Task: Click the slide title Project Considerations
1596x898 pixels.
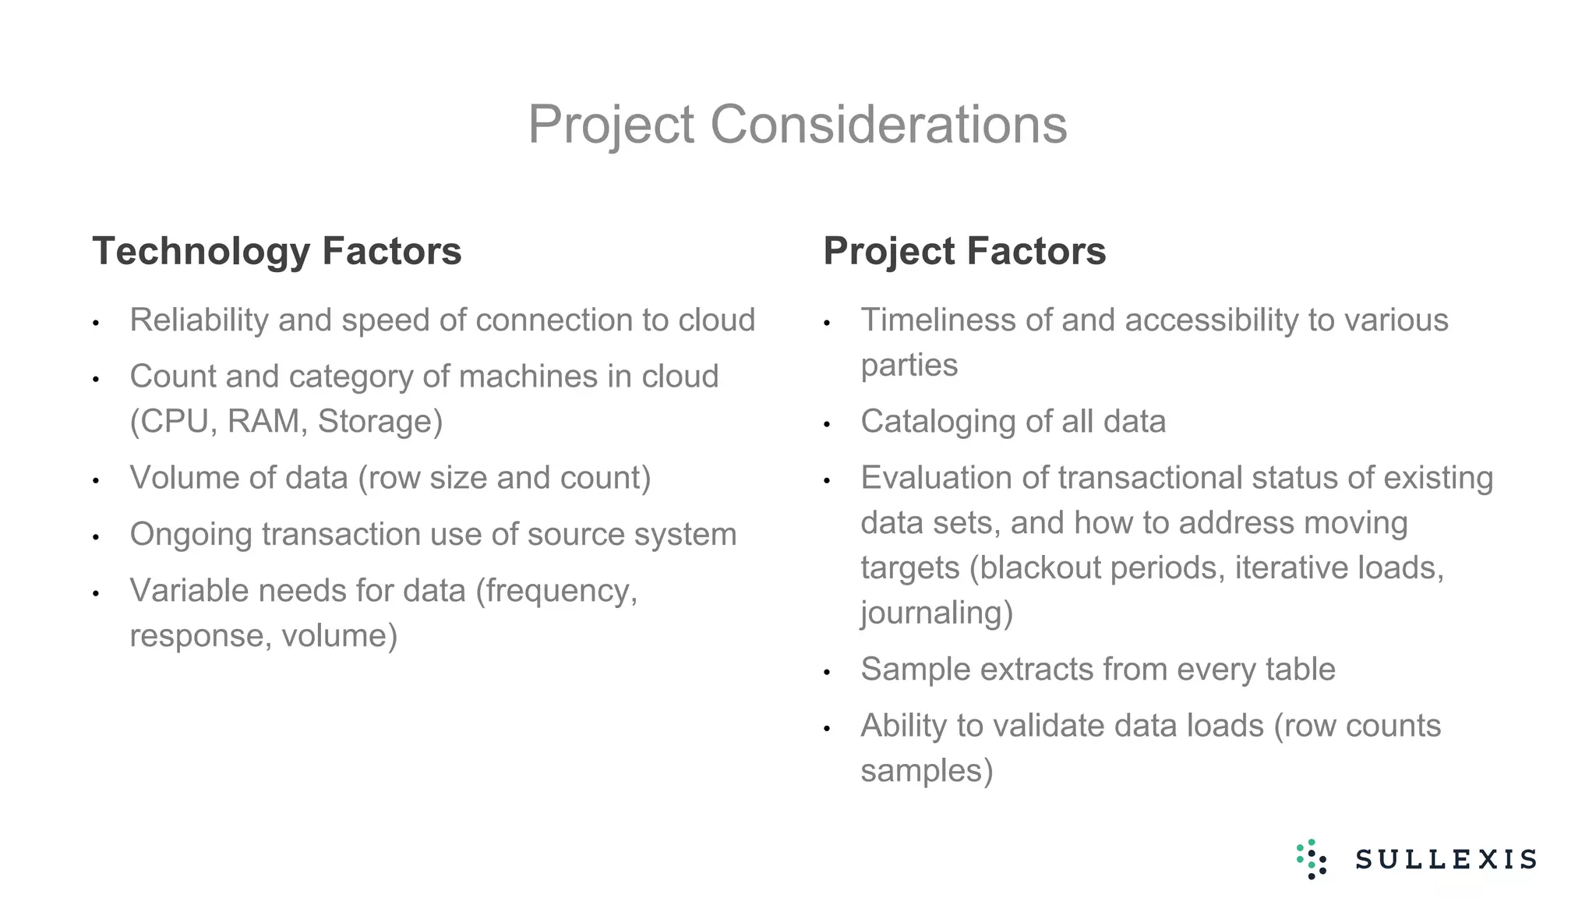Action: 797,125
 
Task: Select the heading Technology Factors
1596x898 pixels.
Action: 277,251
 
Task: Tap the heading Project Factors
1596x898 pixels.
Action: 964,251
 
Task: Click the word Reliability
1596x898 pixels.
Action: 199,320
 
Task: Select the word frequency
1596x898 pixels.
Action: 556,591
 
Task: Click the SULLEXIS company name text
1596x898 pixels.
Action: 1446,860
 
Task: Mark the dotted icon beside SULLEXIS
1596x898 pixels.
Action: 1312,859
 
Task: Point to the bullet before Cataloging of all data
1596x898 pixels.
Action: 827,425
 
